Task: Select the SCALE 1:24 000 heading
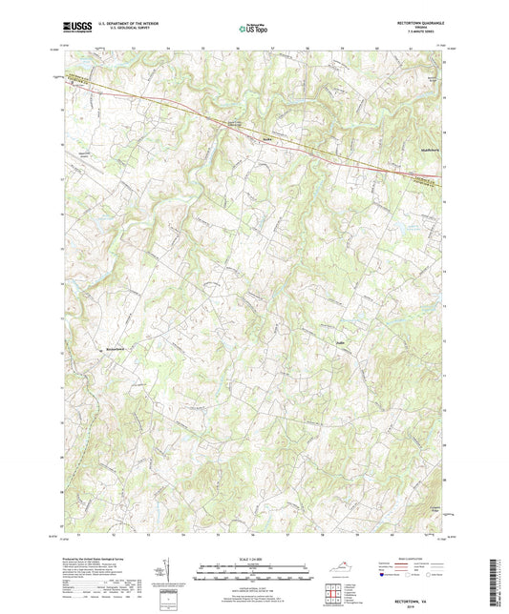click(x=255, y=559)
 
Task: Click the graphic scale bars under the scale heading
click(x=254, y=575)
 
